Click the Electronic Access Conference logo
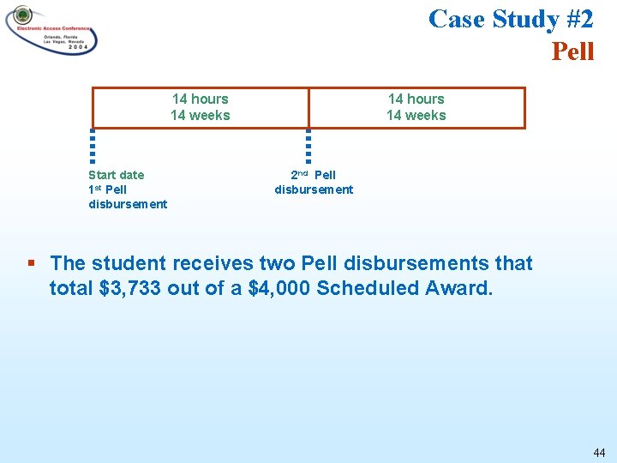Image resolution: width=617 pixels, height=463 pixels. [51, 30]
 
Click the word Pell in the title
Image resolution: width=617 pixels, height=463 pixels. [572, 51]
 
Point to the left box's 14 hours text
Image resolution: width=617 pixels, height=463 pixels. [201, 99]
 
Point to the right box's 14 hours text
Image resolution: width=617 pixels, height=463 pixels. [416, 99]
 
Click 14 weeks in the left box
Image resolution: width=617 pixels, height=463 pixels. [201, 116]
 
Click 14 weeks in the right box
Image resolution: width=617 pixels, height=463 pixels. [416, 116]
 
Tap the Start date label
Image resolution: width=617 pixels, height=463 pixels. [117, 175]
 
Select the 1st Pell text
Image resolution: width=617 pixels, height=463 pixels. [107, 189]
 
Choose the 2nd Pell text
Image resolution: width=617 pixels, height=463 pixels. [313, 175]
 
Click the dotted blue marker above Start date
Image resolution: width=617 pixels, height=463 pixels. [93, 146]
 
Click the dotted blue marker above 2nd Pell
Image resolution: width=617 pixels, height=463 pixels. [308, 146]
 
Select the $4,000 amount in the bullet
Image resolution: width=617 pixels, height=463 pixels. [279, 288]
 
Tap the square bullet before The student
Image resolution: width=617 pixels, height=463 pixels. [32, 263]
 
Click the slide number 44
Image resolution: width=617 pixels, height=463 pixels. [598, 452]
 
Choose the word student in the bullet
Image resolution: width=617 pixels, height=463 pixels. [126, 263]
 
